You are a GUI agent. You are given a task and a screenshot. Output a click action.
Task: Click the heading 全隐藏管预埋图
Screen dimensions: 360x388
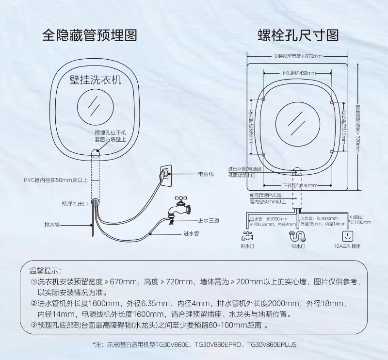coord(89,35)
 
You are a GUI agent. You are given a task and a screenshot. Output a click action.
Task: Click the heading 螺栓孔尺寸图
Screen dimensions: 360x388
coord(298,35)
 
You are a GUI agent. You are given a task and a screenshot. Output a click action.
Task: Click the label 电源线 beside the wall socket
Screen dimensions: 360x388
coord(206,173)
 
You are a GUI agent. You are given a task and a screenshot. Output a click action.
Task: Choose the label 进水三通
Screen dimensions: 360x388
coord(208,220)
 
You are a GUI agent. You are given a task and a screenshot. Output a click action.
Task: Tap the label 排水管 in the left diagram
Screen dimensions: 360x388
coord(51,225)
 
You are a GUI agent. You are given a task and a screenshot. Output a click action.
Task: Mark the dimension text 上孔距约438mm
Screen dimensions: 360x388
coord(298,73)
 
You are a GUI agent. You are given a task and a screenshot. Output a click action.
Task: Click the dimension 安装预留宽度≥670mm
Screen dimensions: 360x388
coord(298,57)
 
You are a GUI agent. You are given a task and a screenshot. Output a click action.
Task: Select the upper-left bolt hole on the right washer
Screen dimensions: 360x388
coord(264,99)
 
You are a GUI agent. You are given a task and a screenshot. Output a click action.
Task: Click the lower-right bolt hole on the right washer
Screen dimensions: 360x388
coord(331,152)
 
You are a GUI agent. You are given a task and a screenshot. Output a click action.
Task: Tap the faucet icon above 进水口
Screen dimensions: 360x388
coord(247,236)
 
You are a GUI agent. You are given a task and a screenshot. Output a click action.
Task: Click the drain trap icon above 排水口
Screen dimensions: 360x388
coord(298,236)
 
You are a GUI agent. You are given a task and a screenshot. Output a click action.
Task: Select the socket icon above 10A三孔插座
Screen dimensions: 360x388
coord(348,236)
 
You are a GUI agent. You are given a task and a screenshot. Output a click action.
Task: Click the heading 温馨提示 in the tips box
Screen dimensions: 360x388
coord(46,270)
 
